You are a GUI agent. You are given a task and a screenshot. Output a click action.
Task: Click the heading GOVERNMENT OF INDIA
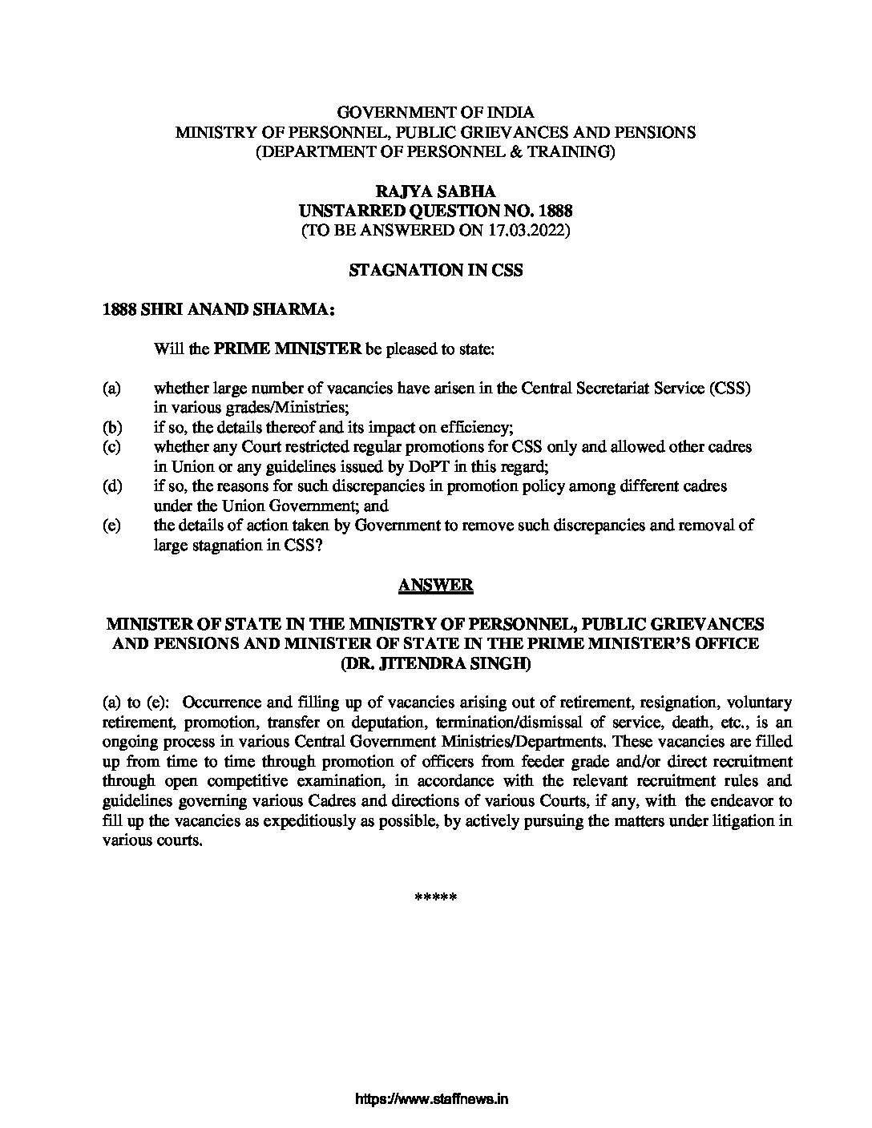(435, 113)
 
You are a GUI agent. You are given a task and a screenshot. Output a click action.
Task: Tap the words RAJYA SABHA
(435, 191)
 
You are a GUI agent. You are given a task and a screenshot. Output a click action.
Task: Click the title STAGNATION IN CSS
(435, 271)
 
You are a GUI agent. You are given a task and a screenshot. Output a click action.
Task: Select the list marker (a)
(111, 389)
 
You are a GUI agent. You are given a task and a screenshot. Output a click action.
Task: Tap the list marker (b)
(111, 428)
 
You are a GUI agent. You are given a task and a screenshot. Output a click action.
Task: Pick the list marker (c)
(111, 447)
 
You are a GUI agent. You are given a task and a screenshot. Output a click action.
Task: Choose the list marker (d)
(111, 486)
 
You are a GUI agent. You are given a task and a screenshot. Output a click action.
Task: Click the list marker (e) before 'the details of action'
(111, 526)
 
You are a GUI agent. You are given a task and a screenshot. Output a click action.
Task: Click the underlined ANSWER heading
(435, 586)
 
